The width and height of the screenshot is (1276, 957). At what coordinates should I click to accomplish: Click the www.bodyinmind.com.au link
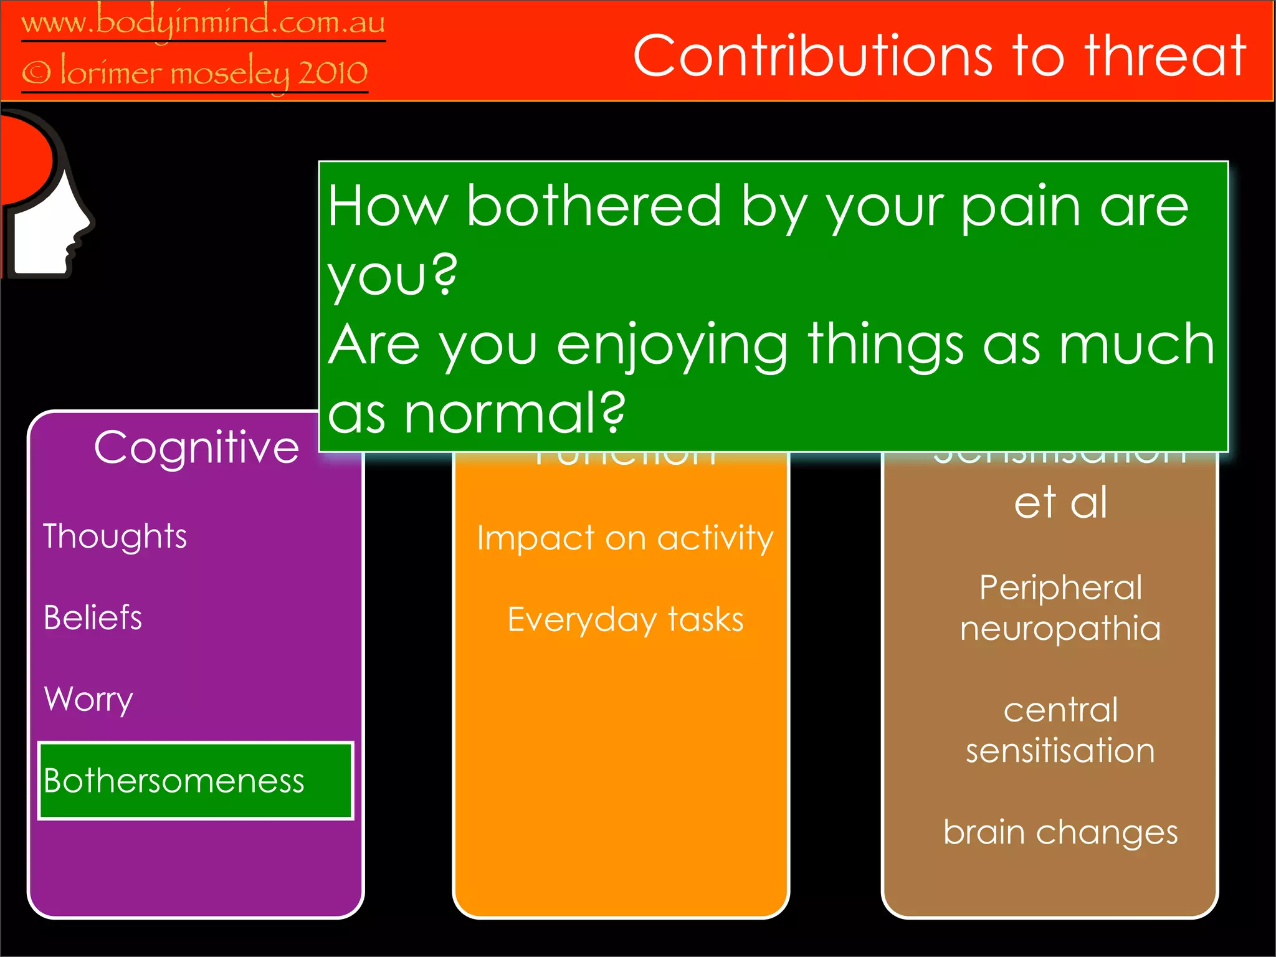203,22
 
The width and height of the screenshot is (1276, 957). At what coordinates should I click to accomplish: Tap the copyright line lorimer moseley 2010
194,74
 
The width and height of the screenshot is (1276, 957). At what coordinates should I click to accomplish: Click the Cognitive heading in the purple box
196,447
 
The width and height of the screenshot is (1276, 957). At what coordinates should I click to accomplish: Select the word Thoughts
115,536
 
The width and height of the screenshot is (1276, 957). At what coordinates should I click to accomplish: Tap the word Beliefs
93,618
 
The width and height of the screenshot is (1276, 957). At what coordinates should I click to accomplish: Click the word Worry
88,700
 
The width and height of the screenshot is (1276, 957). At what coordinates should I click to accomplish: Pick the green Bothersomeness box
196,781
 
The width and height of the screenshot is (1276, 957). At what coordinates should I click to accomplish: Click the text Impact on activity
624,538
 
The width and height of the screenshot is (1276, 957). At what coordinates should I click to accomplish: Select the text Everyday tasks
625,620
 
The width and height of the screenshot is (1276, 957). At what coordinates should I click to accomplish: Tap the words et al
1060,502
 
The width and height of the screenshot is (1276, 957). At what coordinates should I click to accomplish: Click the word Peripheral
1060,588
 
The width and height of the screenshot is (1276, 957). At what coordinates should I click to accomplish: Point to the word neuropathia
1060,628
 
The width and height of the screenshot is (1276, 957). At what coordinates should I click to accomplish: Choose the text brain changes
1060,832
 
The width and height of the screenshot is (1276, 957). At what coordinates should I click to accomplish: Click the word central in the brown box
1060,710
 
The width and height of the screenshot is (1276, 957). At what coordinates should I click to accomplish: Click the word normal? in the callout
514,414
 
